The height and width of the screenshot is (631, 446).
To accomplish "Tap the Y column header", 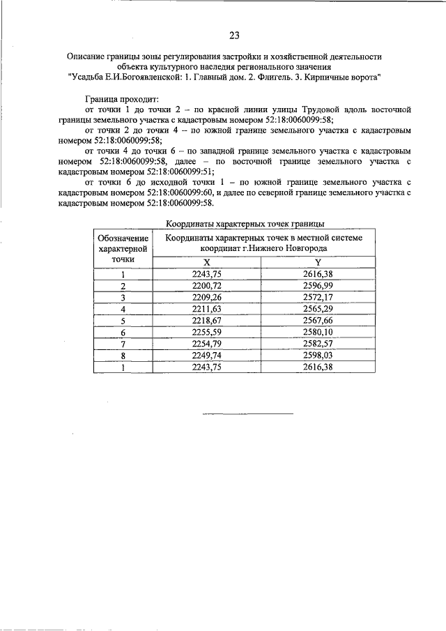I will pos(317,262).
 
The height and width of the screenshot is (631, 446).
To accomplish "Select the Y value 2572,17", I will pos(317,297).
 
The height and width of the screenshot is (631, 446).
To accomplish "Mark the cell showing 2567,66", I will pos(317,320).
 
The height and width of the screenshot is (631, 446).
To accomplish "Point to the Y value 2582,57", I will pos(317,343).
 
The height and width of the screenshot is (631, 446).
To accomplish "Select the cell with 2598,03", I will pos(317,354).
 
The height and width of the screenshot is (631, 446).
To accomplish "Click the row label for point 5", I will pos(123,320).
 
